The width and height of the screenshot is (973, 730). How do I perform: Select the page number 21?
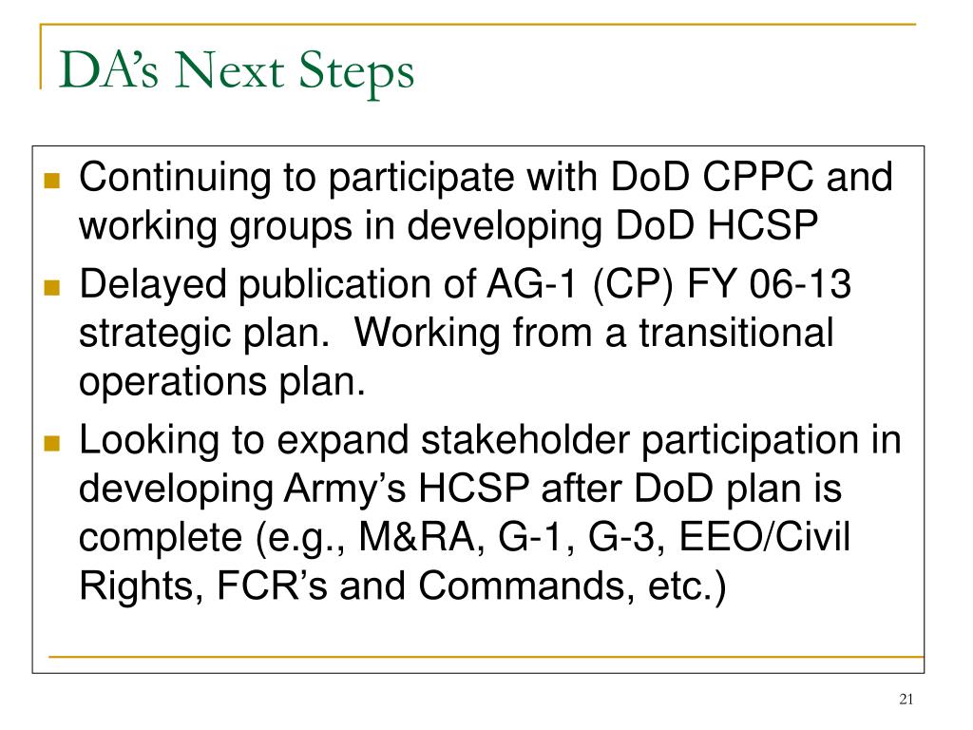pyautogui.click(x=905, y=701)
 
